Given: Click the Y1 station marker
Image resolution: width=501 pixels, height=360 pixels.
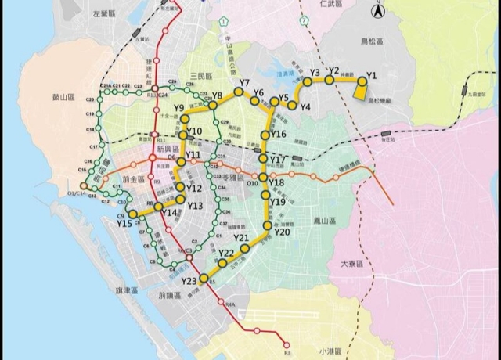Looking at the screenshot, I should [x=362, y=81].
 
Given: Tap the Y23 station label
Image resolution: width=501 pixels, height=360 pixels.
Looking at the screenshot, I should [x=189, y=282].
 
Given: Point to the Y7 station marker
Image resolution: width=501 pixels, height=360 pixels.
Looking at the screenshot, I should [x=238, y=92].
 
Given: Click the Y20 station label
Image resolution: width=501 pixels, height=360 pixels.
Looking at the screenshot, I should [x=283, y=232].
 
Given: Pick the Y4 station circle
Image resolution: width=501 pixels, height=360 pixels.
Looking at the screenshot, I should [x=291, y=105].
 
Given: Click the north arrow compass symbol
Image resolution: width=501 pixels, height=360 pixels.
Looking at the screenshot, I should [x=377, y=11].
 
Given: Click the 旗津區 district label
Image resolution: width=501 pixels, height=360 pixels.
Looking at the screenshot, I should [x=124, y=290].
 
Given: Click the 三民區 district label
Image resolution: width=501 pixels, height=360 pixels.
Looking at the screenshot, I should [x=201, y=75].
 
